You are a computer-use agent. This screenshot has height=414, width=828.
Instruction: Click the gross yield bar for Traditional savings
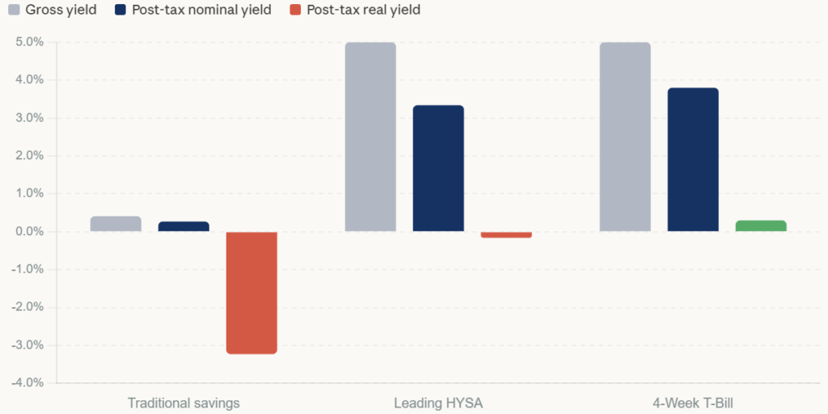pos(116,224)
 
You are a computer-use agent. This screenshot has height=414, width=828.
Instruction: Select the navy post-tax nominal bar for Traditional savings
pos(184,226)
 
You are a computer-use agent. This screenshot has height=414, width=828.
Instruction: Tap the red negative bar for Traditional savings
pos(251,293)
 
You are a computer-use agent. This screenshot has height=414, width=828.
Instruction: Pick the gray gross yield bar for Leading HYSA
pos(370,137)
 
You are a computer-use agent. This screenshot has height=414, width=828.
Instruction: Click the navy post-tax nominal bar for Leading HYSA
pos(438,168)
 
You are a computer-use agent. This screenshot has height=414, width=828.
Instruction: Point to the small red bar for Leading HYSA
pos(506,234)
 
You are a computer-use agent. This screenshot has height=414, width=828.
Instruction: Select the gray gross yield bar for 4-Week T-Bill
pos(625,137)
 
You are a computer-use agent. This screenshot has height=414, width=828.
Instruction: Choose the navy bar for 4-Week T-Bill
pos(693,159)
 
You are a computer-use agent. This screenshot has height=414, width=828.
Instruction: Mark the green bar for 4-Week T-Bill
pos(761,226)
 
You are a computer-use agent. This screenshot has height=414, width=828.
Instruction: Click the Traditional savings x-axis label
pos(184,402)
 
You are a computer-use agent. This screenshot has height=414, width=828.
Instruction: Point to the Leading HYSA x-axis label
pos(438,402)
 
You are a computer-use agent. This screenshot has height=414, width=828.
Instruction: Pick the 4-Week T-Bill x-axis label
pos(693,402)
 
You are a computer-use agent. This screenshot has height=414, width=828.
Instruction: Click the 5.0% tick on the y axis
pos(29,42)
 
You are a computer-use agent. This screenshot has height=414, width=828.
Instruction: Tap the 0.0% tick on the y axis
pos(29,231)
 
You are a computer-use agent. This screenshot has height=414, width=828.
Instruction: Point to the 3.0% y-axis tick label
pos(29,118)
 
